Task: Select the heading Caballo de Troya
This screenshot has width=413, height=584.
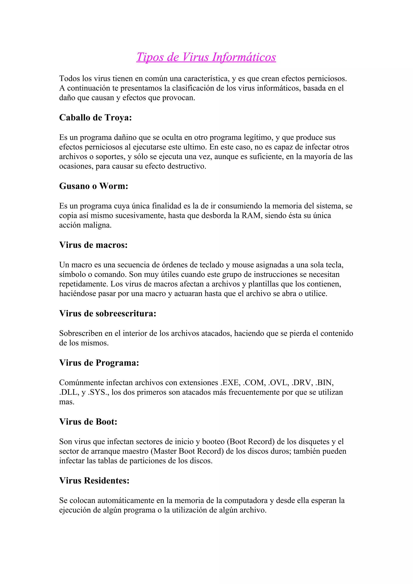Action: tap(95, 117)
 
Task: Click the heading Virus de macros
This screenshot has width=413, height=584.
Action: tap(93, 245)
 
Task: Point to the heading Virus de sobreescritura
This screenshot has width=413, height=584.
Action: tap(108, 313)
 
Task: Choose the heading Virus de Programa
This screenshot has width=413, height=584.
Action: tap(99, 363)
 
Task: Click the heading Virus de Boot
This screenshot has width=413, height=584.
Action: tap(88, 422)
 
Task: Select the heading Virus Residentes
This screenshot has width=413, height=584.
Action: tap(94, 480)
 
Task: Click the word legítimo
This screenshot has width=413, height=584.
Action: tap(258, 137)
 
